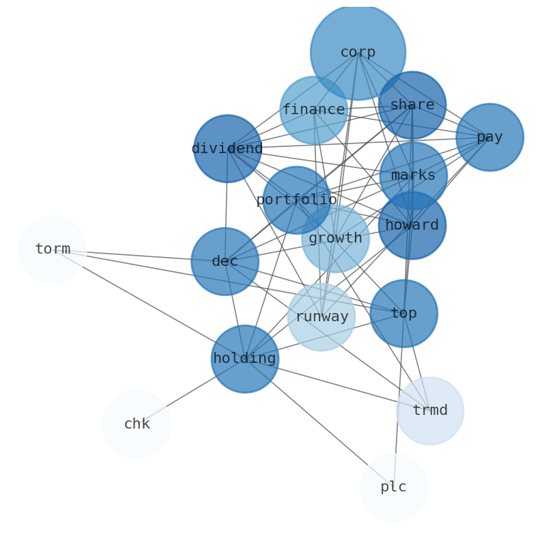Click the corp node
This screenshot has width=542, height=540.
pyautogui.click(x=358, y=53)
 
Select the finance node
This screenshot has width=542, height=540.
pyautogui.click(x=313, y=110)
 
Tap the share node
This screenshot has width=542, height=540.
pyautogui.click(x=412, y=105)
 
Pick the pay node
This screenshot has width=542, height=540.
pyautogui.click(x=489, y=137)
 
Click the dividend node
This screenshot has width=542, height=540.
pyautogui.click(x=227, y=148)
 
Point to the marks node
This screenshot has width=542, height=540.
pyautogui.click(x=413, y=176)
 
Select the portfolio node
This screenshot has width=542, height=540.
pyautogui.click(x=296, y=200)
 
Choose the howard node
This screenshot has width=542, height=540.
pyautogui.click(x=412, y=226)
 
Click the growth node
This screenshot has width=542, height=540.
pyautogui.click(x=335, y=239)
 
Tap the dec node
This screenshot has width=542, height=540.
pyautogui.click(x=225, y=262)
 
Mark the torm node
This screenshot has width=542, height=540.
pyautogui.click(x=53, y=249)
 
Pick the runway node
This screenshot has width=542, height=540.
pyautogui.click(x=322, y=317)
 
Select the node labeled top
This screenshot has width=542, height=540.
pyautogui.click(x=403, y=314)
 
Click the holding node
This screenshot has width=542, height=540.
pyautogui.click(x=244, y=359)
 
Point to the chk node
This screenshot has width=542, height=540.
pyautogui.click(x=137, y=424)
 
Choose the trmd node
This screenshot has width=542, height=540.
pyautogui.click(x=430, y=411)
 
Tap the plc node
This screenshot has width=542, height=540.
pyautogui.click(x=393, y=487)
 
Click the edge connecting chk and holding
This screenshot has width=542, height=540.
pyautogui.click(x=190, y=392)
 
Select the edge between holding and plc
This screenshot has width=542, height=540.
pyautogui.click(x=319, y=423)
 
